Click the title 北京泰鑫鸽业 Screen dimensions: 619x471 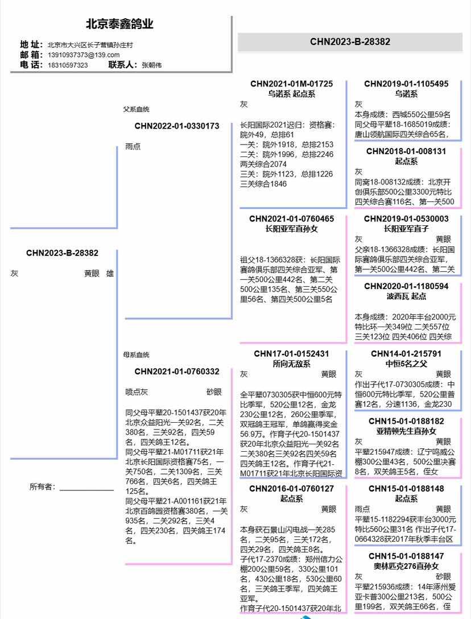[119, 24]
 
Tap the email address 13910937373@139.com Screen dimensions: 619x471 [84, 55]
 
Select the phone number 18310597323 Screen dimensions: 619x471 [68, 65]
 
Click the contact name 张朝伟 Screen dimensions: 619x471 [151, 65]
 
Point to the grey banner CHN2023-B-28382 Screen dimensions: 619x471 [350, 42]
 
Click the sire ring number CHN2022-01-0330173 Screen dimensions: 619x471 [177, 126]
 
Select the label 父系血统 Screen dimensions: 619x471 [137, 109]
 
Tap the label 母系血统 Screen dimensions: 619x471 [137, 355]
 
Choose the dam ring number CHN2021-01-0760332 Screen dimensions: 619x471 [177, 372]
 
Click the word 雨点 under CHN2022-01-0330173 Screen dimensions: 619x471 [133, 146]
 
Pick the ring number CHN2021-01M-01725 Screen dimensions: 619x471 [291, 84]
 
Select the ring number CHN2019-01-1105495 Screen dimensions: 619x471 [406, 84]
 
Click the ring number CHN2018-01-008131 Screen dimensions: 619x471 [406, 151]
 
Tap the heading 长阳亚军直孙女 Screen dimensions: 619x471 [291, 229]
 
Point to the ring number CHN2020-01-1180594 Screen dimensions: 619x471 [406, 286]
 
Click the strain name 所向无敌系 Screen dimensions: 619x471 [291, 364]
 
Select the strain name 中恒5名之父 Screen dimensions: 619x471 [406, 364]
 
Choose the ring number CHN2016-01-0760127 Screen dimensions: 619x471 [291, 489]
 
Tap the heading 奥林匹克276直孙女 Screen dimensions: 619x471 [406, 566]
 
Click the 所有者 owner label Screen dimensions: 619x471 [43, 486]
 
